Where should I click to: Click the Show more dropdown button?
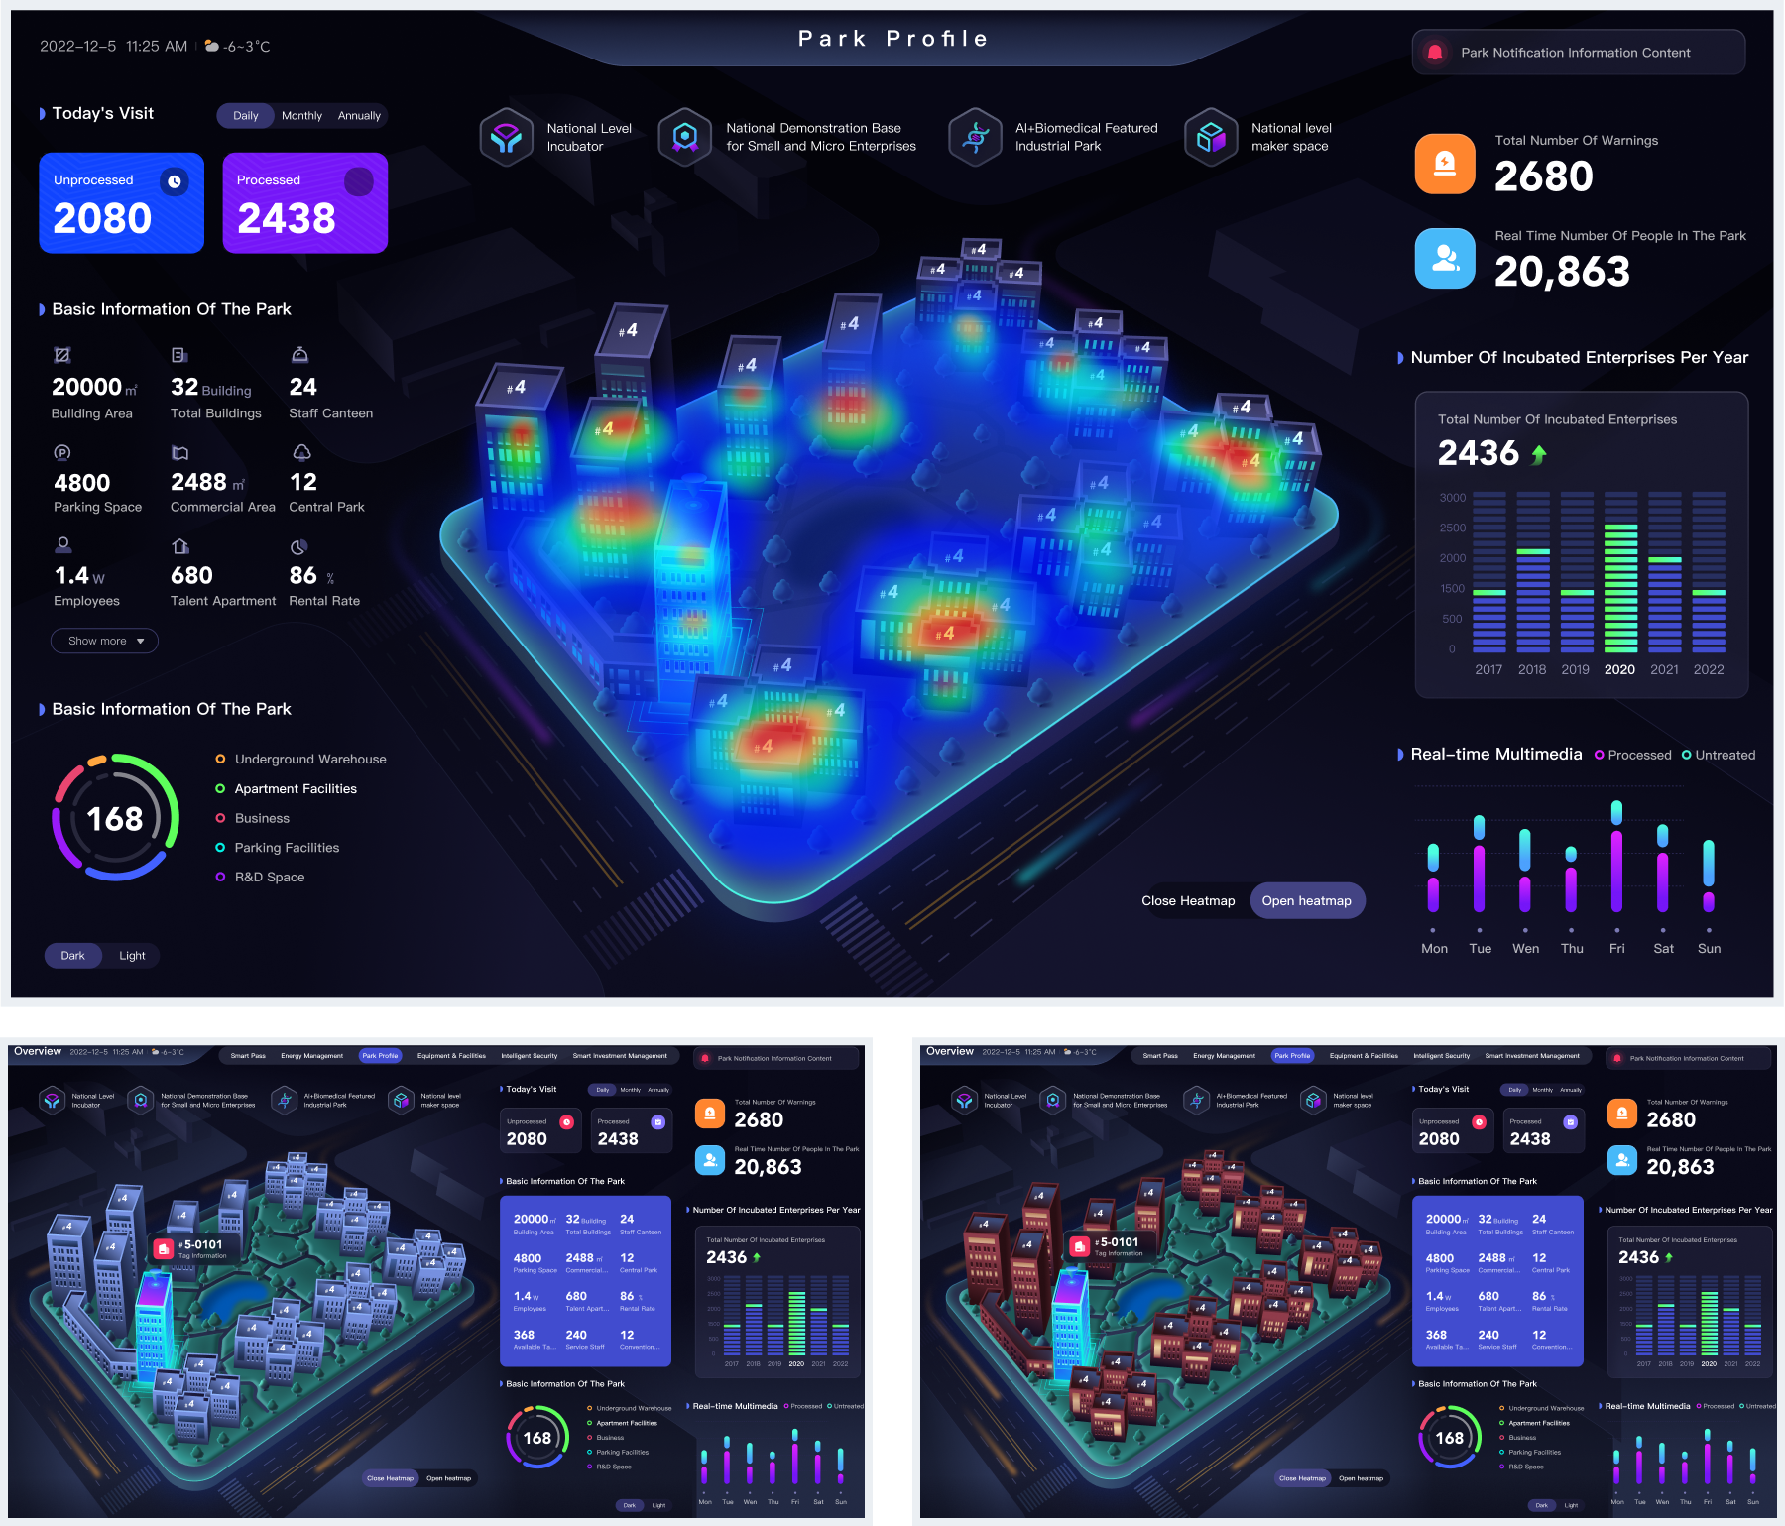[x=104, y=641]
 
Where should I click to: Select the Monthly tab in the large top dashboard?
[x=301, y=116]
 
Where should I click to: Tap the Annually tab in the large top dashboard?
[x=359, y=116]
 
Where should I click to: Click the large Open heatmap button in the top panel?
[x=1306, y=900]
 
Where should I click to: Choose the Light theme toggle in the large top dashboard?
[x=132, y=956]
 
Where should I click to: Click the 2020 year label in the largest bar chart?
[x=1619, y=669]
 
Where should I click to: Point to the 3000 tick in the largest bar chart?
[x=1452, y=498]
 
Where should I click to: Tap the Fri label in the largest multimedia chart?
[x=1616, y=949]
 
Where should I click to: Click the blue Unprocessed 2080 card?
[x=121, y=202]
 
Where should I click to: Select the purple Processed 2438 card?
[x=304, y=202]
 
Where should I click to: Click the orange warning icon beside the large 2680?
[x=1445, y=164]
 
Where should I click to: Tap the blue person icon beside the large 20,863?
[x=1445, y=259]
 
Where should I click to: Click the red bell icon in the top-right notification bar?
[x=1435, y=53]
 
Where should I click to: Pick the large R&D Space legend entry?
[x=269, y=877]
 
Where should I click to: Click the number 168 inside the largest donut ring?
[x=115, y=819]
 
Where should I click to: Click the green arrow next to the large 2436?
[x=1539, y=454]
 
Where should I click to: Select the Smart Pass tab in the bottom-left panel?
[x=248, y=1056]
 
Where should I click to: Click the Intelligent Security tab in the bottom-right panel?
[x=1441, y=1056]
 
